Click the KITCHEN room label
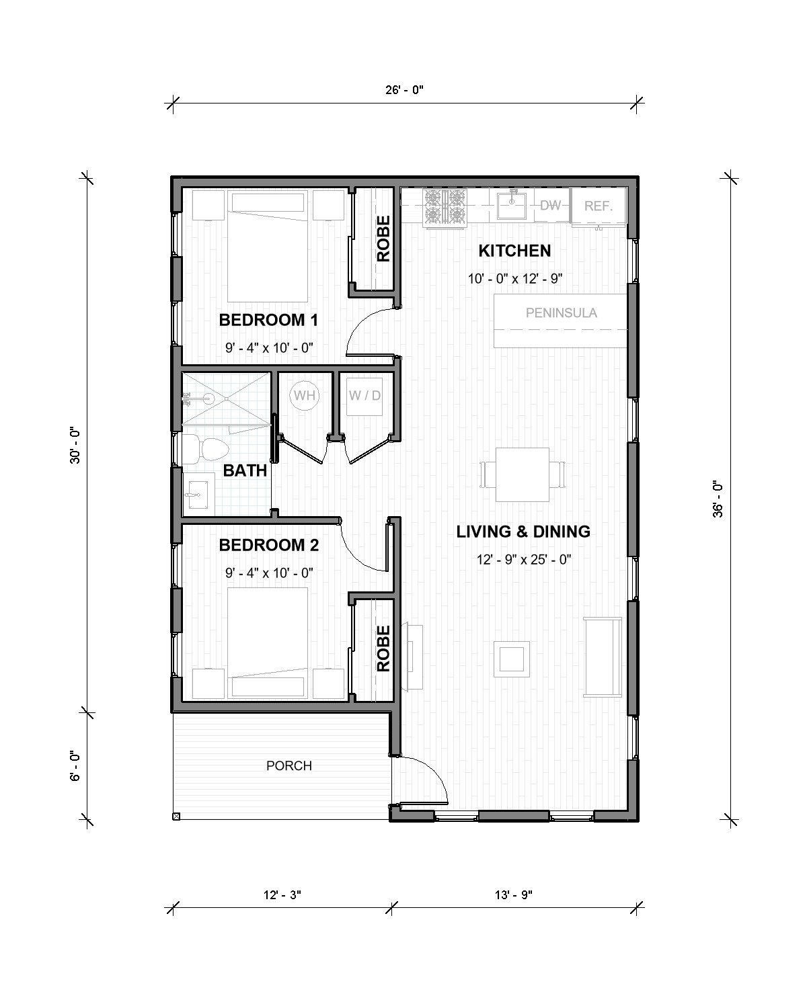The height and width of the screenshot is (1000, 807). click(x=514, y=251)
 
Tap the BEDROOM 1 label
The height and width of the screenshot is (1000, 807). click(x=268, y=321)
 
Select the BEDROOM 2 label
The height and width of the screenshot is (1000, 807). click(x=268, y=545)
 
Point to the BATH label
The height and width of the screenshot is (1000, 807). click(x=245, y=470)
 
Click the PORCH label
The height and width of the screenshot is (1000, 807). click(x=289, y=765)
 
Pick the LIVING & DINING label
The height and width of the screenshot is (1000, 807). click(x=523, y=532)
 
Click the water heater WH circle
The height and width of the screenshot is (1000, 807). click(x=305, y=395)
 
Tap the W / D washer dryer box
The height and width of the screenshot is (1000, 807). click(x=364, y=395)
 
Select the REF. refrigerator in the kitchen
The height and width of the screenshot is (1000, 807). click(x=598, y=206)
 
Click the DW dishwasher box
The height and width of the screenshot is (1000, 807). click(x=551, y=205)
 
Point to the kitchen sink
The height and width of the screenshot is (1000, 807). click(x=513, y=204)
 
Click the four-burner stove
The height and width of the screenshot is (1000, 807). click(x=445, y=206)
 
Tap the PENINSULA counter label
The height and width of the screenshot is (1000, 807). click(x=561, y=312)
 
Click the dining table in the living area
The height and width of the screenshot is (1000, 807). click(x=523, y=474)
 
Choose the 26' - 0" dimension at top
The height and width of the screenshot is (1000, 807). click(x=405, y=89)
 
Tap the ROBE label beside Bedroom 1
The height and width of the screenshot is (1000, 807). click(x=383, y=239)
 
